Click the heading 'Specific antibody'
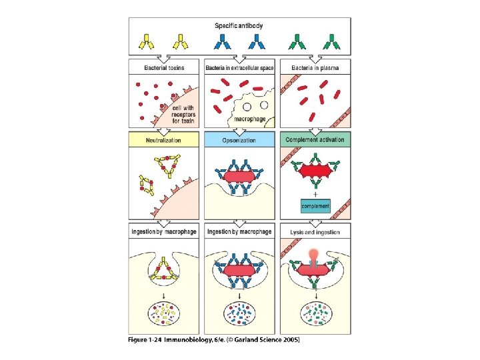239,26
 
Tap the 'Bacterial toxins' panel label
163,69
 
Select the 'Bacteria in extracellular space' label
240,69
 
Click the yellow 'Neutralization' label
163,141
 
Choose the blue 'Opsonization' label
239,141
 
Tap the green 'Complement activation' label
315,141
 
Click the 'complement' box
315,206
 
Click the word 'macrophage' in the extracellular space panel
249,119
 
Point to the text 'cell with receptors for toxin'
183,114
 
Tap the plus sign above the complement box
315,194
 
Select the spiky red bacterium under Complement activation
315,171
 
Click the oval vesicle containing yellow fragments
164,312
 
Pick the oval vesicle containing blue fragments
239,312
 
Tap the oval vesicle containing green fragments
315,312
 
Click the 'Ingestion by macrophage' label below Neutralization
163,232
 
